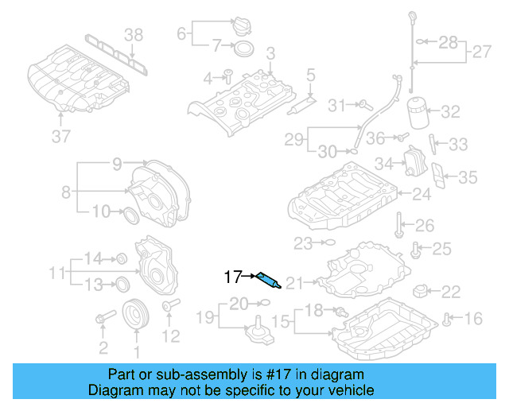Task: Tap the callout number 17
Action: pos(232,277)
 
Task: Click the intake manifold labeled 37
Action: pos(76,83)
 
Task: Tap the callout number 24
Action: pos(421,193)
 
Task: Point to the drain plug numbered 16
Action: pos(448,320)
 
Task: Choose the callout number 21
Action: pos(295,281)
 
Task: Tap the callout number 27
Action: pos(482,52)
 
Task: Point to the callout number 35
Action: pos(468,177)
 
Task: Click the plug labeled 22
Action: pos(422,292)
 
